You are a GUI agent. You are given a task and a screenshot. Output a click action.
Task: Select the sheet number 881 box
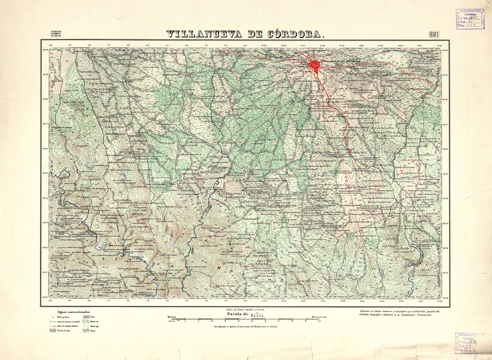click(x=434, y=34)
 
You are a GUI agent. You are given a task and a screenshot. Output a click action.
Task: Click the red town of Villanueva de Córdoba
click(x=315, y=65)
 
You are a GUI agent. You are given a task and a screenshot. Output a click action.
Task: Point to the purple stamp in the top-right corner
click(x=471, y=18)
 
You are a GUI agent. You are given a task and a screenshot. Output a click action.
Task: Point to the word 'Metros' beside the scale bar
click(x=171, y=317)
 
